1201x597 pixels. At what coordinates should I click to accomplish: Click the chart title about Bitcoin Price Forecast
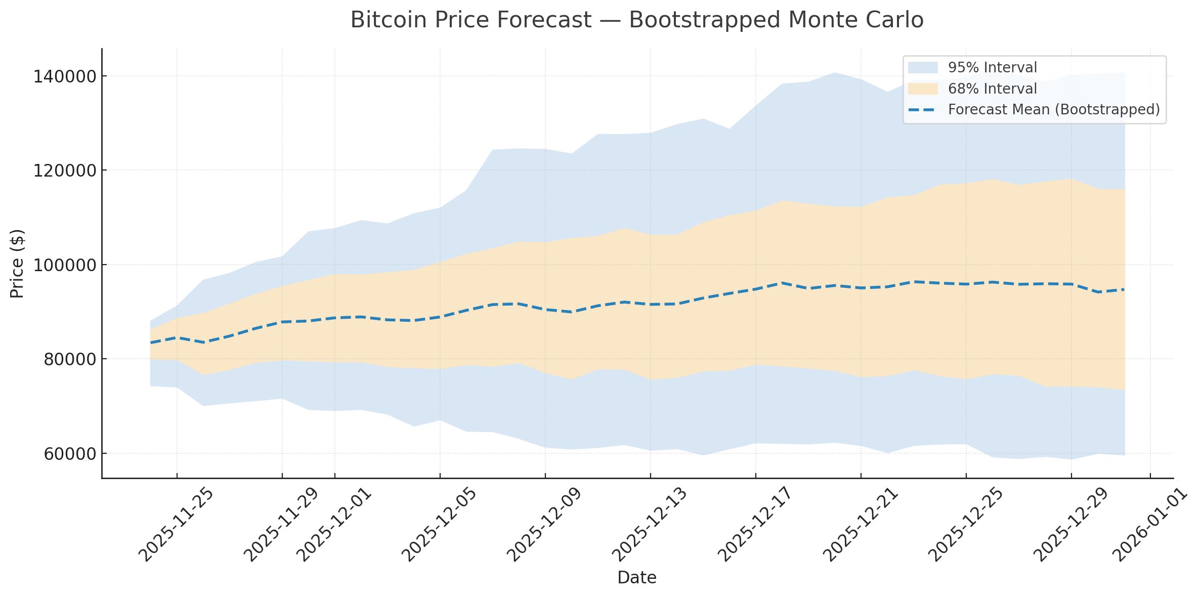click(x=636, y=20)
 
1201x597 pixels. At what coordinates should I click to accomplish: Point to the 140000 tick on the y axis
click(x=64, y=77)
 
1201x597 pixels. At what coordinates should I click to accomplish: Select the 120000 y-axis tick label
click(x=64, y=171)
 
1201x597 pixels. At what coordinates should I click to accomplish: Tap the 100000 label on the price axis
click(x=64, y=265)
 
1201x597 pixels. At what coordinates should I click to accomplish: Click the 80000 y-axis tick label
click(x=69, y=360)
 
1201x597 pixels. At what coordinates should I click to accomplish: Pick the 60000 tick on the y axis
click(x=69, y=454)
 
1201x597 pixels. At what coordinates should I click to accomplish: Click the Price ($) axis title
click(x=18, y=264)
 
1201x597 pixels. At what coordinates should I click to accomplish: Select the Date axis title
click(x=636, y=577)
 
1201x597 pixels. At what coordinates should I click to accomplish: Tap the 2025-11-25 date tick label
click(x=177, y=525)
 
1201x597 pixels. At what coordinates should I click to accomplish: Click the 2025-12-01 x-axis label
click(x=334, y=525)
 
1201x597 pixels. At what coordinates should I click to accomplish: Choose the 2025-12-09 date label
click(x=545, y=525)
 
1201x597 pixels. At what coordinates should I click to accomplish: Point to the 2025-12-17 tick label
click(x=755, y=525)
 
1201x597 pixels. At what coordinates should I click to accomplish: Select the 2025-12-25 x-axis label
click(x=966, y=525)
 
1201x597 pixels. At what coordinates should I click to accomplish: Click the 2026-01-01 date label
click(x=1150, y=525)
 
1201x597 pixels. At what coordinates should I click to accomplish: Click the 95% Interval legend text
click(x=992, y=68)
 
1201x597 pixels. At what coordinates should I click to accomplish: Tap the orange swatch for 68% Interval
click(x=923, y=89)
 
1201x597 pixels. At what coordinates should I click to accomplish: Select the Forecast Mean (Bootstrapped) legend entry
click(x=1053, y=110)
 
